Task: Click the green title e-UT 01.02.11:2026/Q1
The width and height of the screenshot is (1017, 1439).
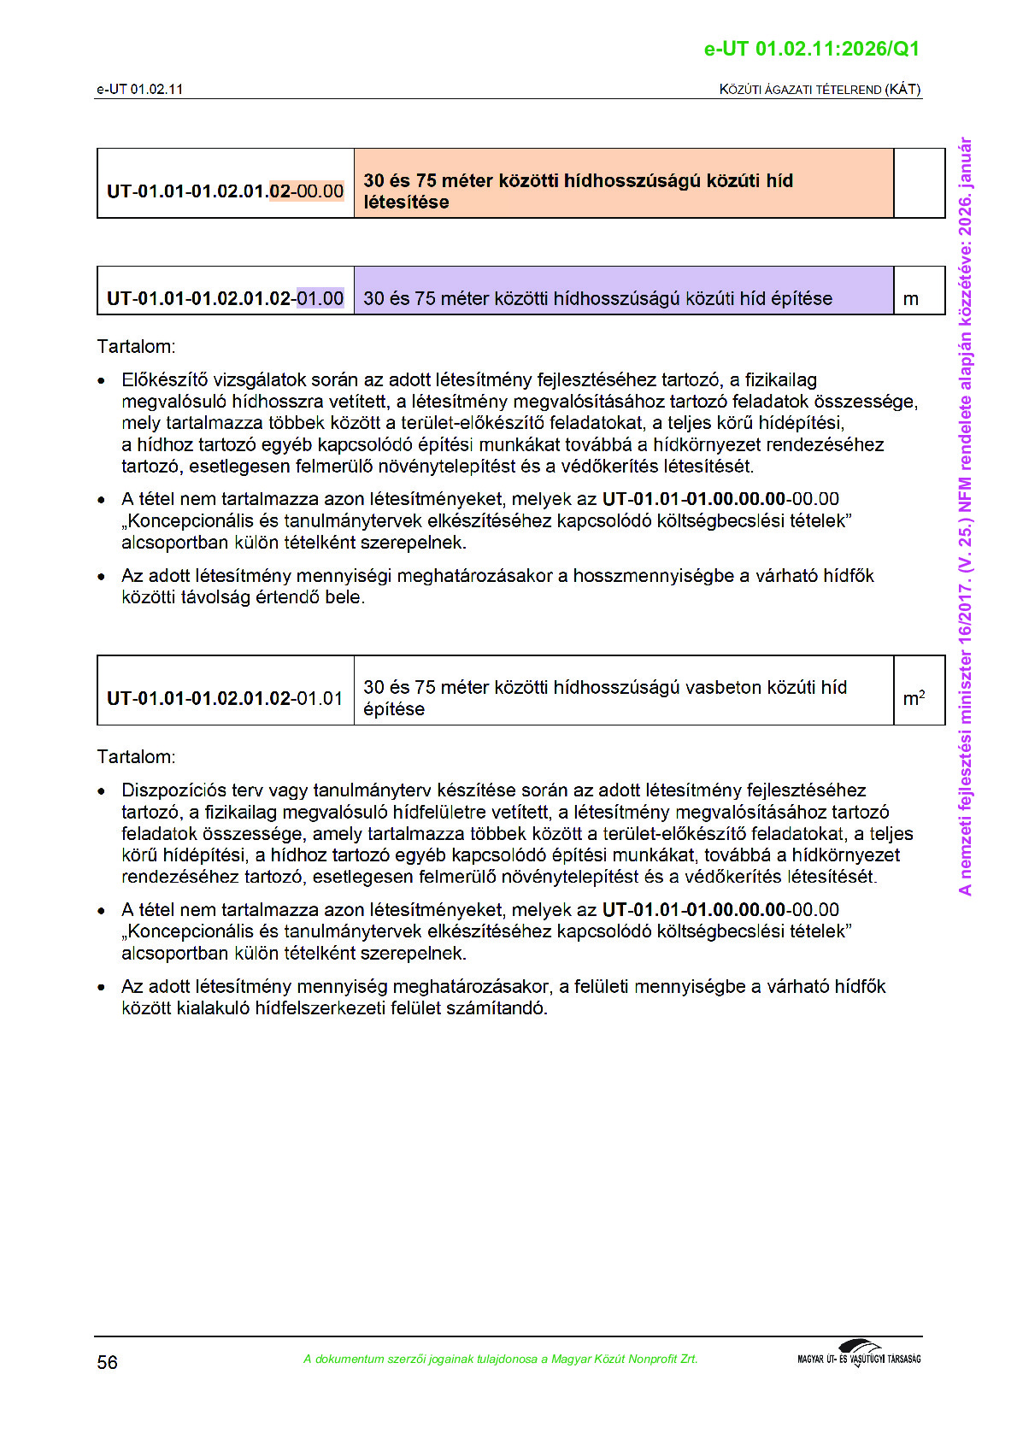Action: (811, 49)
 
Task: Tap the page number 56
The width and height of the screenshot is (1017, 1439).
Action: (107, 1362)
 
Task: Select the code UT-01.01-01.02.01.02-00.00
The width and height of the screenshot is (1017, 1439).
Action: (225, 191)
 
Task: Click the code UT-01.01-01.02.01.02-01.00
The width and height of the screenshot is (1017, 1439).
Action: (225, 298)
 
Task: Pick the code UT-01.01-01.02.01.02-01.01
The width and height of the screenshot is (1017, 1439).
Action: (225, 698)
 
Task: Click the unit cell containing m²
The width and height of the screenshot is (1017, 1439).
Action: (914, 698)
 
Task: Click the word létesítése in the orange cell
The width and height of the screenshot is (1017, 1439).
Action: (406, 203)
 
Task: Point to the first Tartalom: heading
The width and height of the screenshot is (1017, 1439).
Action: (136, 346)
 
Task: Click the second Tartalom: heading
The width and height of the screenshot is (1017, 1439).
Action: (136, 756)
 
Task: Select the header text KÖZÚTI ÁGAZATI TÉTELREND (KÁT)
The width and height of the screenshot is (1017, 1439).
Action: (820, 89)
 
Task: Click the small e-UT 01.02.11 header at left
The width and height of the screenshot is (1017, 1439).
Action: (139, 89)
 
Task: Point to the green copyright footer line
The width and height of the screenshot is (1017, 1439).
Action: (500, 1359)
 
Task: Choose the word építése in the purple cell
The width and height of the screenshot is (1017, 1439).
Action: (801, 298)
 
